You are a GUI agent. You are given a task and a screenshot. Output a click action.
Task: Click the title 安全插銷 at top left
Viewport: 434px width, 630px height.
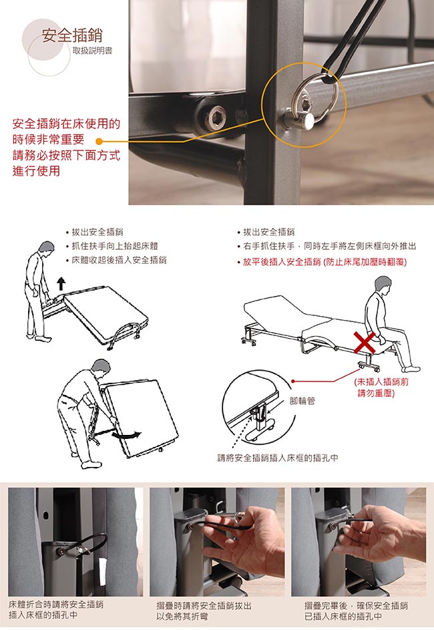point(72,35)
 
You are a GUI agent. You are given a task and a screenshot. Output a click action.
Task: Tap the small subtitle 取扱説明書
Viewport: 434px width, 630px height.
point(92,51)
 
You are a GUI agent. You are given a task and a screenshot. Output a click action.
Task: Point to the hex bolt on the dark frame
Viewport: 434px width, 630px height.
point(215,116)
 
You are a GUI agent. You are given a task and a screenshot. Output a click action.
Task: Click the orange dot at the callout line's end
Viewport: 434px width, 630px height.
point(99,142)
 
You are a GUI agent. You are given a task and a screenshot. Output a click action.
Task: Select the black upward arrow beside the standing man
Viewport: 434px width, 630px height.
point(61,283)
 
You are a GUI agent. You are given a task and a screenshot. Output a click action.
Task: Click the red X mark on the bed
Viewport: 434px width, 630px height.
point(364,342)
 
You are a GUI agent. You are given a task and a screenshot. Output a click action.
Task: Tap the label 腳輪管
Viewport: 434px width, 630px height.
point(302,401)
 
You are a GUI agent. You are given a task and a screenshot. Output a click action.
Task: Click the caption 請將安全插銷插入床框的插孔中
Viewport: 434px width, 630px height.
point(278,458)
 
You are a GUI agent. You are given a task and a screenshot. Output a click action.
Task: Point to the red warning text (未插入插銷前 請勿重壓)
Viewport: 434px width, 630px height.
point(381,387)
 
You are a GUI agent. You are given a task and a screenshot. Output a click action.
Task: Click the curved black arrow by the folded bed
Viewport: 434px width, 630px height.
point(127,435)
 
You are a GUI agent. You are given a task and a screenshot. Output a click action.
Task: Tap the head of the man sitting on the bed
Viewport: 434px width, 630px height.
point(383,285)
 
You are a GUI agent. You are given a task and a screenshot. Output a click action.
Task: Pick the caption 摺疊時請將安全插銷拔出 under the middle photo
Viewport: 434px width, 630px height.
point(204,605)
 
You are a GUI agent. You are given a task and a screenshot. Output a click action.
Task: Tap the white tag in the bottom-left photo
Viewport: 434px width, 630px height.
point(102,571)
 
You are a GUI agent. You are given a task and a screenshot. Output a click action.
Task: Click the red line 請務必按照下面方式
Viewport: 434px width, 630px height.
point(66,155)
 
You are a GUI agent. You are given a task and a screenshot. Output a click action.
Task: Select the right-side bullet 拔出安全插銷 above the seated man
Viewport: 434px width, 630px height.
point(266,232)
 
